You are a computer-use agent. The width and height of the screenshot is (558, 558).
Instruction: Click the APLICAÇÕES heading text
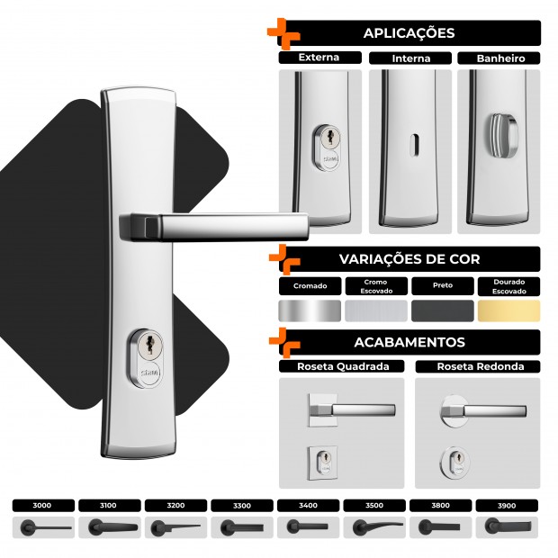(x=409, y=32)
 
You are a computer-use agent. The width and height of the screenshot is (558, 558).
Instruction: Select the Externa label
(x=319, y=58)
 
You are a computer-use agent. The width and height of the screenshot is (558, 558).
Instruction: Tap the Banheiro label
(x=500, y=58)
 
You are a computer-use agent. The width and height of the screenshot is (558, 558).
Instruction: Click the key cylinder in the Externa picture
(x=328, y=148)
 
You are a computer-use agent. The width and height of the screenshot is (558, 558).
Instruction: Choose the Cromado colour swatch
(x=310, y=310)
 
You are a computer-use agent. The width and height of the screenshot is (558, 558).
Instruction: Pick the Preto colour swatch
(x=442, y=310)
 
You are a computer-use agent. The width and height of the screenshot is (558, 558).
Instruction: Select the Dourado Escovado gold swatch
(x=508, y=310)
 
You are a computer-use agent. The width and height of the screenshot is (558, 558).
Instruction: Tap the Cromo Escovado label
(x=376, y=286)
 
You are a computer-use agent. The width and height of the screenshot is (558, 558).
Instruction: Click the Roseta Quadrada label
(x=343, y=366)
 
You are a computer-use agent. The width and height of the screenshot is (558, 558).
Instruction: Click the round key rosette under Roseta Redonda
(x=454, y=462)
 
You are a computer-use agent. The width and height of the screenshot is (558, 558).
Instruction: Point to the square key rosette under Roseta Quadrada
(x=322, y=463)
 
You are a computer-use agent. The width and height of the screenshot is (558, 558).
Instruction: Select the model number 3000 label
(x=42, y=505)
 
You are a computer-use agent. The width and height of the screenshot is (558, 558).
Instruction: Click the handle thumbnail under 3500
(x=378, y=527)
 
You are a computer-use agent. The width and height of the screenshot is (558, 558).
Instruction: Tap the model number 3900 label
(x=507, y=506)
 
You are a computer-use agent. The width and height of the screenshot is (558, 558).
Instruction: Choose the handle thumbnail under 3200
(x=175, y=527)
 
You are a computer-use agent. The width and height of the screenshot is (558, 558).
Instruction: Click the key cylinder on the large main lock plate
(x=146, y=358)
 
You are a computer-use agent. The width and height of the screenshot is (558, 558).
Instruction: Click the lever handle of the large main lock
(x=213, y=226)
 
